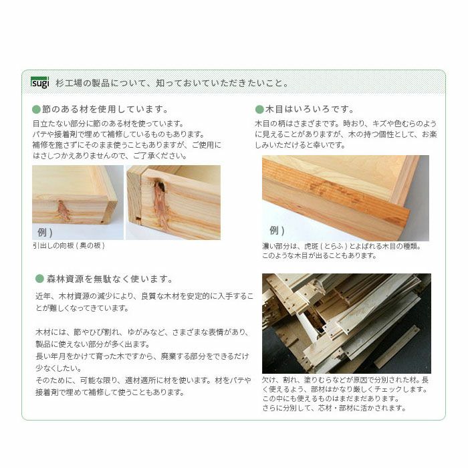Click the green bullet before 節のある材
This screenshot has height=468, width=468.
pyautogui.click(x=37, y=109)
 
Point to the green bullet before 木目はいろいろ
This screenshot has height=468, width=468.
pyautogui.click(x=259, y=109)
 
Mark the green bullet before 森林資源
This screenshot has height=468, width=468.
pyautogui.click(x=39, y=279)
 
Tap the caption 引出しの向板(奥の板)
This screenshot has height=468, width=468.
pyautogui.click(x=68, y=246)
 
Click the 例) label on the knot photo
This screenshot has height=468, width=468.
pyautogui.click(x=42, y=232)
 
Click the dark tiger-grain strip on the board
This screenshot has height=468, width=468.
pyautogui.click(x=334, y=204)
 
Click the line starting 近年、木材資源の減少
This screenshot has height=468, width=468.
pyautogui.click(x=144, y=296)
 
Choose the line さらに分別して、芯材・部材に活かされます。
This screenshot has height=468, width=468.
pyautogui.click(x=334, y=408)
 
